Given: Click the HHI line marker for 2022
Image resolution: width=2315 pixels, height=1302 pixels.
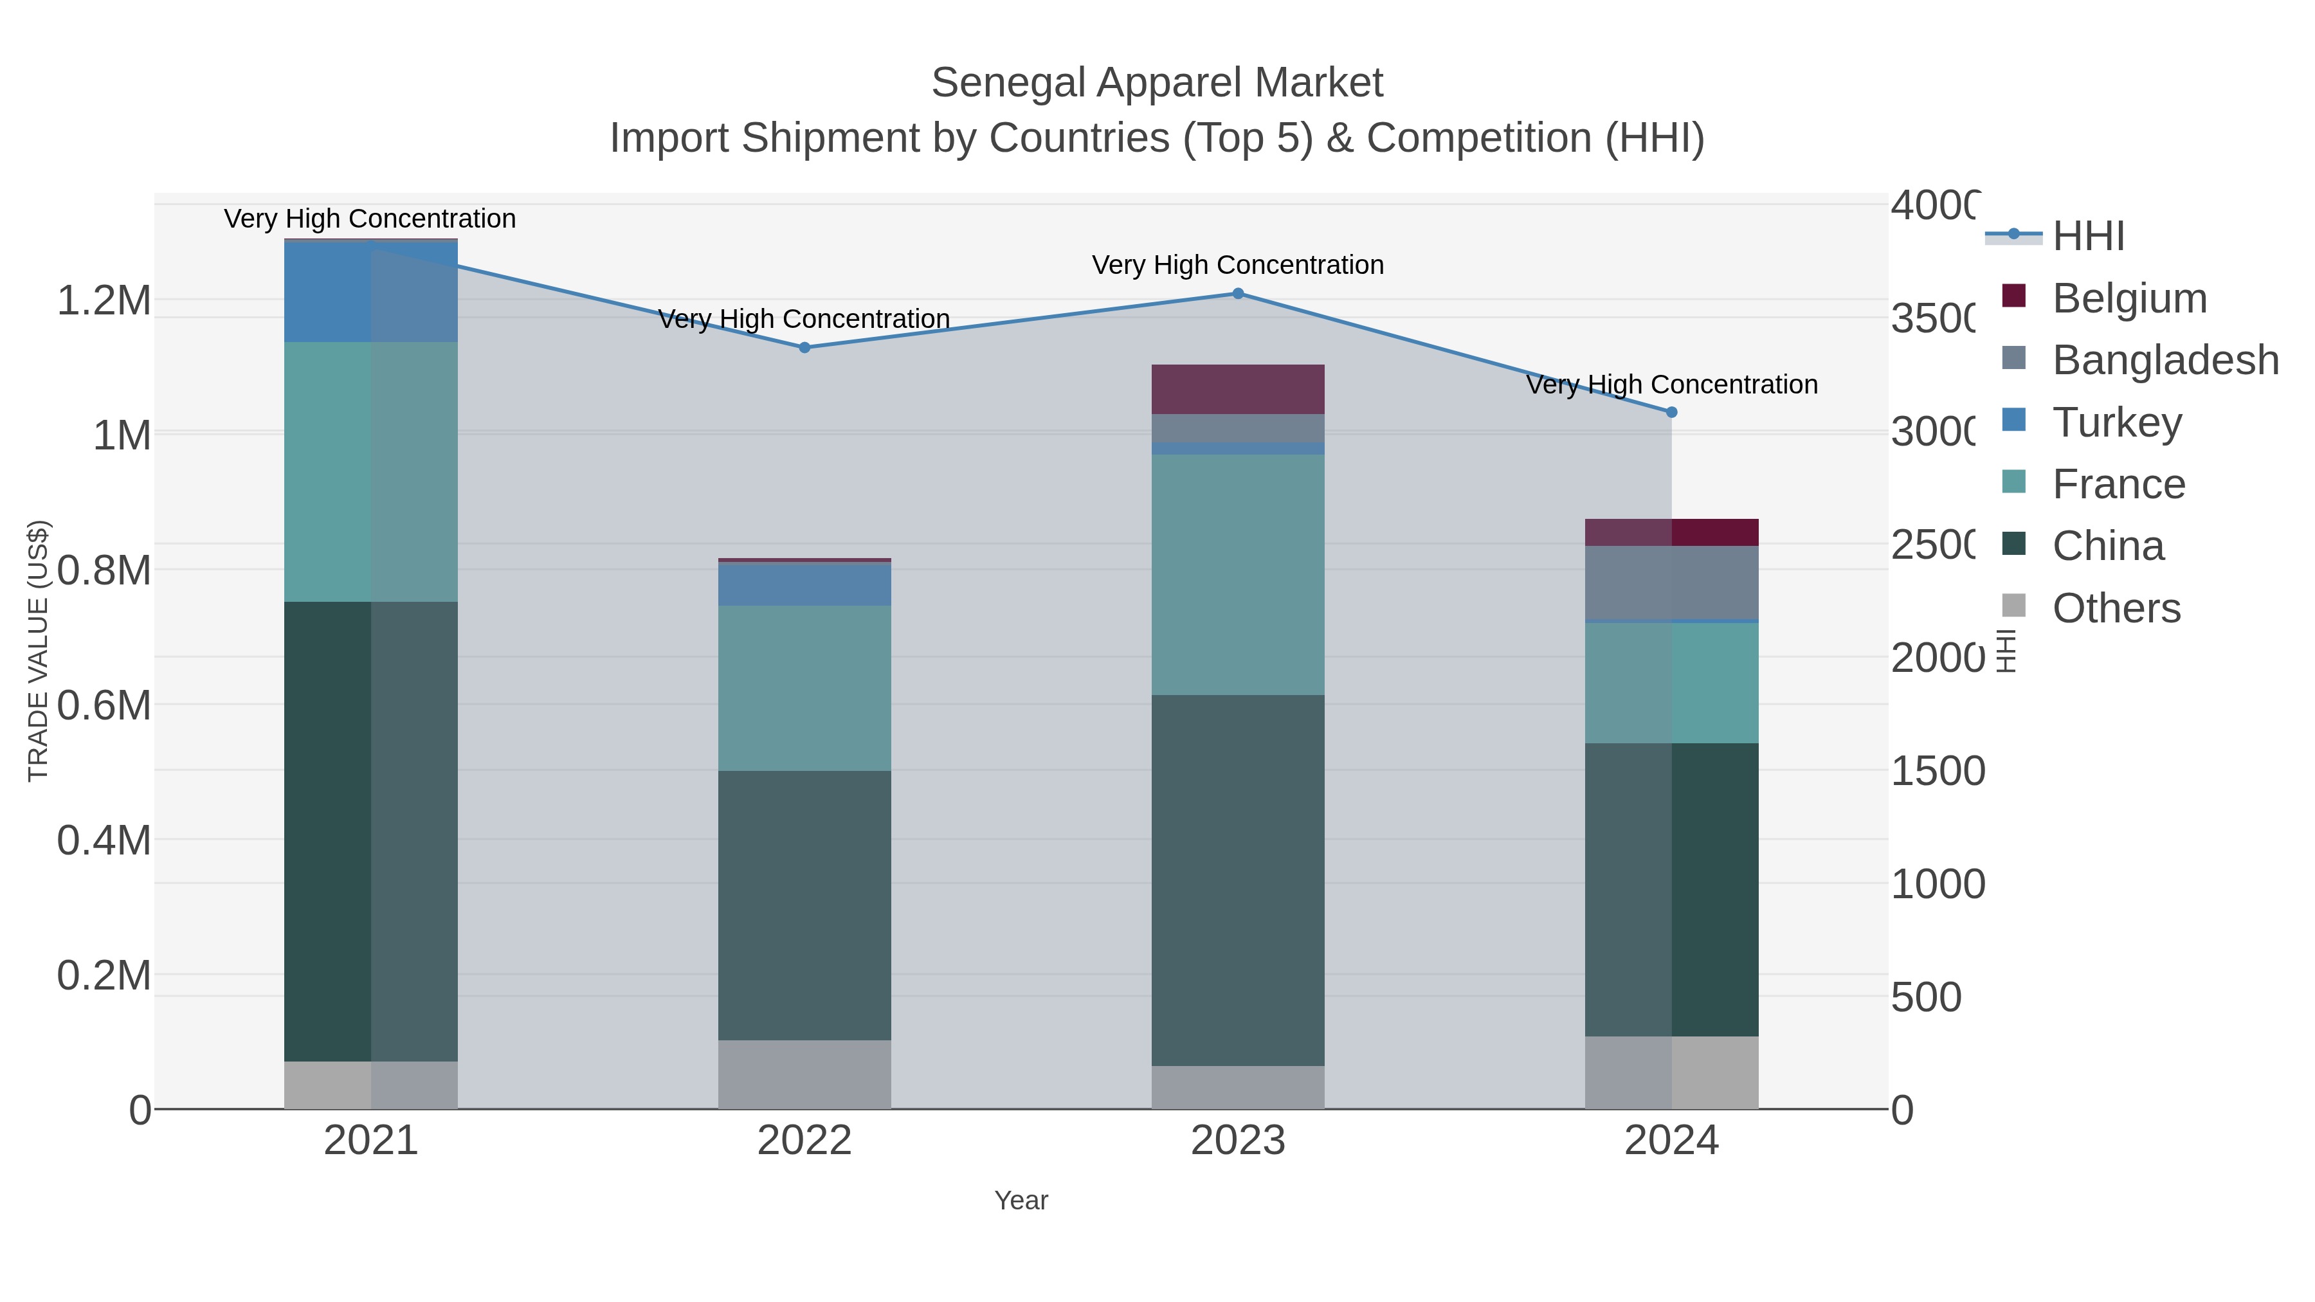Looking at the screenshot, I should pos(804,348).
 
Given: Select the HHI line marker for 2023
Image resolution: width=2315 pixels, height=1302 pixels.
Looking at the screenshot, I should pos(1237,294).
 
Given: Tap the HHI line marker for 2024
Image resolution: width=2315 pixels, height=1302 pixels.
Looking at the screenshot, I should pos(1671,412).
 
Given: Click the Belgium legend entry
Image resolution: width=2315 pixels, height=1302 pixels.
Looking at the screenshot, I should pos(2129,298).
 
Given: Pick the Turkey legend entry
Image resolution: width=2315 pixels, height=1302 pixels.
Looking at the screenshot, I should pos(2116,422).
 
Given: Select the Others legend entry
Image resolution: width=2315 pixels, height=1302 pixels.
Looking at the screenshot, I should pos(2116,608).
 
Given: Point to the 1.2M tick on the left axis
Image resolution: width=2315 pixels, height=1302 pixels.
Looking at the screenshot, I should pos(104,300).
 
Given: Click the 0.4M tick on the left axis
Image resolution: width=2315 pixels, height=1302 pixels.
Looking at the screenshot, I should pos(104,840).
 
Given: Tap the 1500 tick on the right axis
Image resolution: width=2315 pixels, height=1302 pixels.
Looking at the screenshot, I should pos(1937,771).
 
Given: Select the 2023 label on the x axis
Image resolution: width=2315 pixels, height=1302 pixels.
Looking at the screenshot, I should pos(1237,1141).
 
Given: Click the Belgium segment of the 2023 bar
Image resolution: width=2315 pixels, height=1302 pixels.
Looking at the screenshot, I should pos(1237,389).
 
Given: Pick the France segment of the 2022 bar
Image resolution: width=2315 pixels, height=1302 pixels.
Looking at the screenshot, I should pos(804,687).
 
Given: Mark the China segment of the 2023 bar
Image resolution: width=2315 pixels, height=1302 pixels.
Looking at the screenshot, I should pos(1237,881).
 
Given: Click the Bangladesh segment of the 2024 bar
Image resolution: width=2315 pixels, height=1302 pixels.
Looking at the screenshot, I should pos(1671,583).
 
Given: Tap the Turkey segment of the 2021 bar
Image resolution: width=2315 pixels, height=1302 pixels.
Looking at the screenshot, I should pos(370,292).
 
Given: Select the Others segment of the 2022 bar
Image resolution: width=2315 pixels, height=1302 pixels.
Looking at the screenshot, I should pos(804,1074).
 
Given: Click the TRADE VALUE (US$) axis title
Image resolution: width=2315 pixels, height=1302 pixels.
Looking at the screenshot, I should pos(39,651).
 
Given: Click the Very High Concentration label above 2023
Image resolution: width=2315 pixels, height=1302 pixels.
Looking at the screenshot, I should pos(1237,265).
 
